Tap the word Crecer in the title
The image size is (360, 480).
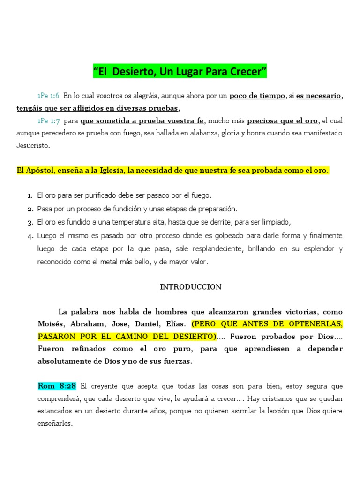click(x=247, y=72)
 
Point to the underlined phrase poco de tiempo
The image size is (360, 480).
click(x=257, y=96)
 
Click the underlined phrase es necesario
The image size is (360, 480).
click(x=319, y=96)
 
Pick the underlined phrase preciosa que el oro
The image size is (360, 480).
click(x=283, y=121)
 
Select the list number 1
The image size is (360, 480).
click(x=30, y=195)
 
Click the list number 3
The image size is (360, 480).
click(x=30, y=222)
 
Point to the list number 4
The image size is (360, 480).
click(x=30, y=236)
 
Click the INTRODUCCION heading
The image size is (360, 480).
click(x=190, y=287)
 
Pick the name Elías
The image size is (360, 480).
click(x=174, y=324)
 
